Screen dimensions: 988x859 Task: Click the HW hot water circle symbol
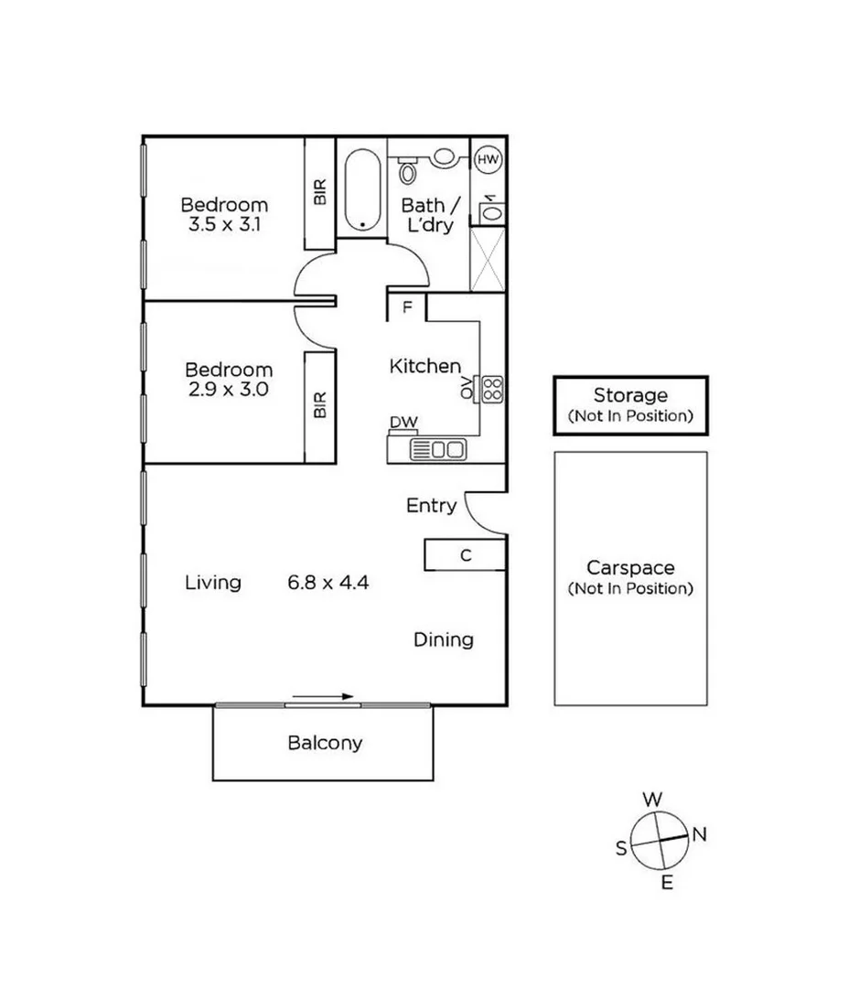coord(488,160)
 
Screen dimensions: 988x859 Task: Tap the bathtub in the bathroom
coord(362,188)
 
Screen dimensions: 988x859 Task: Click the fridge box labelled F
coord(406,307)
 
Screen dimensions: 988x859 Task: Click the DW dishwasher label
coord(403,422)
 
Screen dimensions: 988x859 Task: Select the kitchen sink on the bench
coord(438,449)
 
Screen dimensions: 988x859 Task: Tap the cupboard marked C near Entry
coord(465,554)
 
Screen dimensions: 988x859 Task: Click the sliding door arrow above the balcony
coord(323,697)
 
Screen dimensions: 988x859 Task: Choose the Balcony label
coord(325,743)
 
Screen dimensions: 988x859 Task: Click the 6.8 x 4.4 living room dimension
coord(327,583)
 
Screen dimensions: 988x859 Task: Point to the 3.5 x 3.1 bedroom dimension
coord(224,223)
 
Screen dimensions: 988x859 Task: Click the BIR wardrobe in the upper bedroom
coord(320,193)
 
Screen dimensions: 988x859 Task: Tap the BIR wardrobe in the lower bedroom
coord(320,406)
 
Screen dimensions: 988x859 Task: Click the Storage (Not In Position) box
coord(629,404)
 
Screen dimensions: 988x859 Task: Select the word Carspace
coord(629,569)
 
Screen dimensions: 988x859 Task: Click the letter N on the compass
coord(700,833)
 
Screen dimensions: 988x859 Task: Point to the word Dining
coord(444,639)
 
